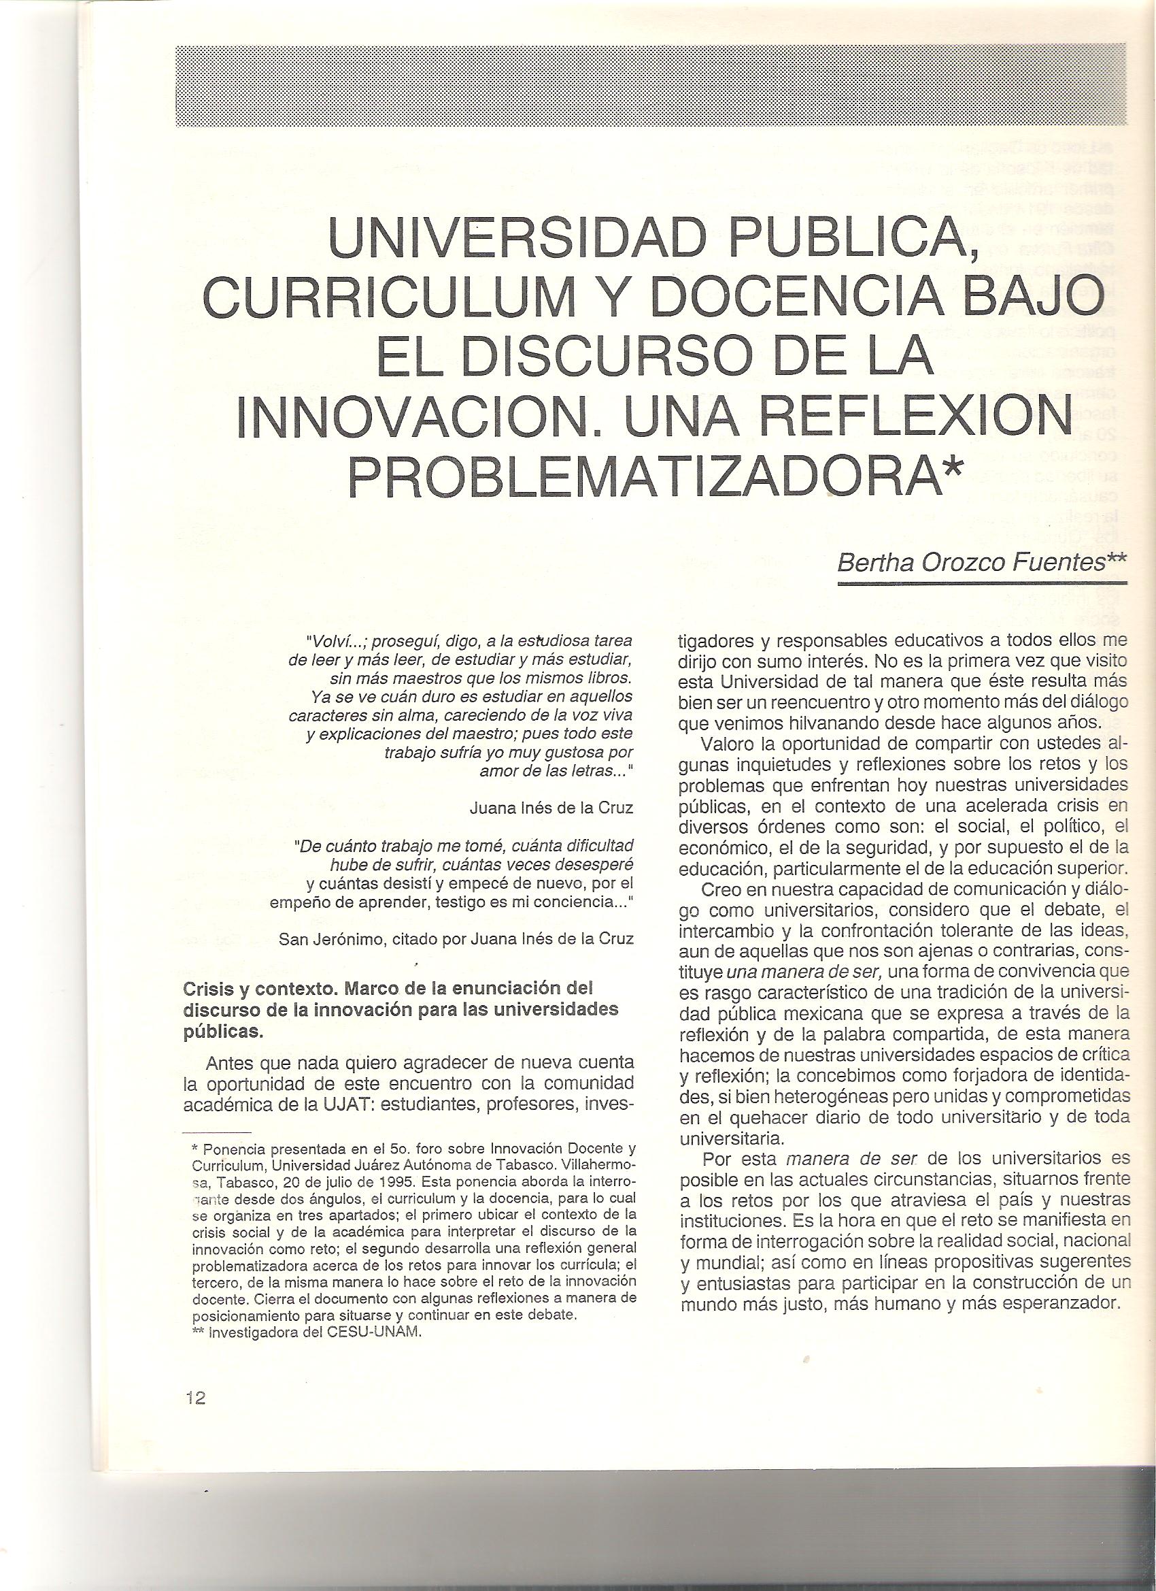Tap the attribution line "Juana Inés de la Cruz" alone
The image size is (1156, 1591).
click(551, 808)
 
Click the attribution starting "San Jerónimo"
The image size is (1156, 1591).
click(456, 940)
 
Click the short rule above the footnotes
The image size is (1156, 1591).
click(216, 1133)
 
